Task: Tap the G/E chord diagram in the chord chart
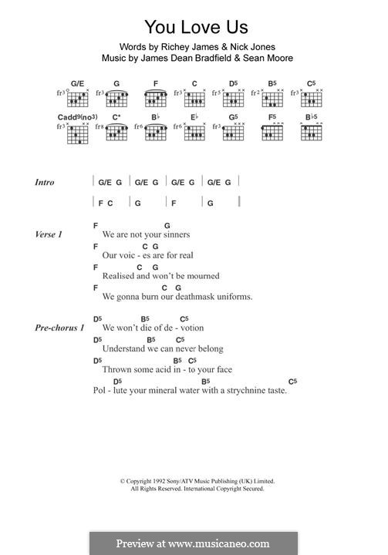click(77, 98)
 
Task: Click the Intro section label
click(45, 183)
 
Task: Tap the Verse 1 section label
click(49, 234)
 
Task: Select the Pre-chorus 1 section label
click(59, 328)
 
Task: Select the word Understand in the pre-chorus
click(125, 349)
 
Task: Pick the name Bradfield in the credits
click(204, 58)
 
